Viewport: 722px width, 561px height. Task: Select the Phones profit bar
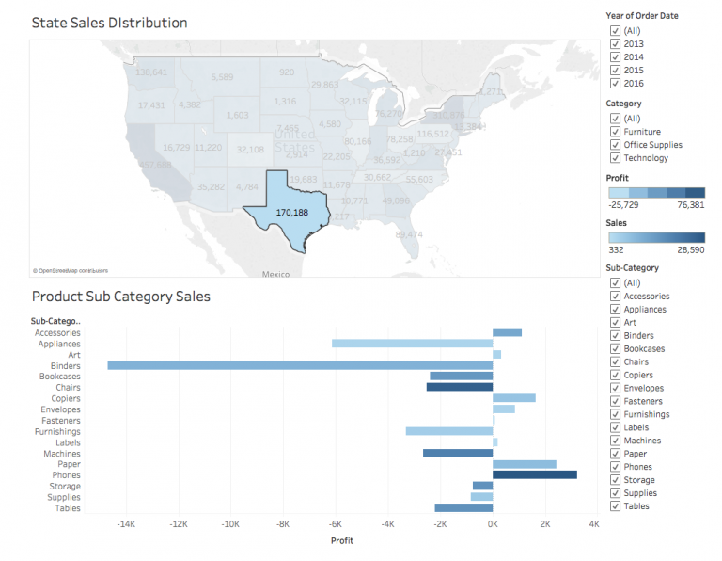click(534, 475)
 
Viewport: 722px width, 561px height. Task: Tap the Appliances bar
click(412, 344)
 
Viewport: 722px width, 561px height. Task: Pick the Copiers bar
click(513, 398)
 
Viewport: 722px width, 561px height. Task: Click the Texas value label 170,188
click(291, 213)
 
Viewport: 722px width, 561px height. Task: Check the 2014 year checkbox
click(615, 56)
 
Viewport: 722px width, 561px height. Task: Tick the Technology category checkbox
click(615, 158)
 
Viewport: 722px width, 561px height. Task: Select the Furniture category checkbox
click(615, 132)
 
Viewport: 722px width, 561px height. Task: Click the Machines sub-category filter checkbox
click(615, 441)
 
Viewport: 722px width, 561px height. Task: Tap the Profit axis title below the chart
click(342, 541)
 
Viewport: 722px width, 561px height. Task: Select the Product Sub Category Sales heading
click(120, 297)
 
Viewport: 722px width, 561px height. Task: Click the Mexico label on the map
click(275, 274)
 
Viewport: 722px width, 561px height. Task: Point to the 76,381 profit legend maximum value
click(689, 204)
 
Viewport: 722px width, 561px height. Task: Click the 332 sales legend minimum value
click(617, 249)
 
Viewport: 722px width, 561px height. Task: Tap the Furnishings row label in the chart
click(57, 431)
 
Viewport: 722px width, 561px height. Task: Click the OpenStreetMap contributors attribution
click(70, 270)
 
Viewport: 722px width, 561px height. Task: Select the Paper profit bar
click(524, 464)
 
